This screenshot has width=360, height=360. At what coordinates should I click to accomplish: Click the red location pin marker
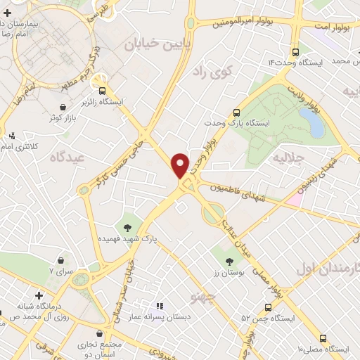[x=181, y=165]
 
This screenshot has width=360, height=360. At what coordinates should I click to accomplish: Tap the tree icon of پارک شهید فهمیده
[x=128, y=227]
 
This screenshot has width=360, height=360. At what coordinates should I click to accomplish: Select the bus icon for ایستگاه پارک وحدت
[x=236, y=112]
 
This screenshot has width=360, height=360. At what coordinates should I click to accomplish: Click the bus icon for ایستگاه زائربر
[x=103, y=90]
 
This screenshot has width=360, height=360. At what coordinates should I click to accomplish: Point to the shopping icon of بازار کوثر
[x=64, y=107]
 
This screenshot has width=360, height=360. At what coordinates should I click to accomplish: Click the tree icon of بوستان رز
[x=229, y=261]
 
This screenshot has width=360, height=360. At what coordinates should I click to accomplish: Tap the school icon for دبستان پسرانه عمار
[x=160, y=307]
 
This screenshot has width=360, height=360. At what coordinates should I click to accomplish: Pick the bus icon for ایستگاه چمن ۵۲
[x=268, y=307]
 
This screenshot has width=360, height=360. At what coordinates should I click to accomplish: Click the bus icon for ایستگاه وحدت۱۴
[x=295, y=51]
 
